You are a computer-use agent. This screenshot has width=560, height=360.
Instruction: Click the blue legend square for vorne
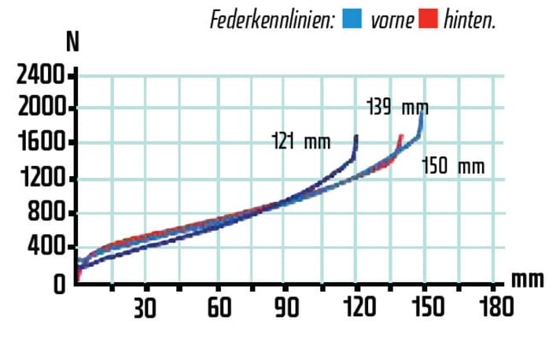(x=353, y=17)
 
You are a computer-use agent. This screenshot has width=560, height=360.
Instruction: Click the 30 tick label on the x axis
(x=145, y=307)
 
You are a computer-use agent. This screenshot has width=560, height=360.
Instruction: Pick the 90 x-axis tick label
(x=289, y=307)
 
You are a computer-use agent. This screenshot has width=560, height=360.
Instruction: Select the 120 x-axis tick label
(x=359, y=307)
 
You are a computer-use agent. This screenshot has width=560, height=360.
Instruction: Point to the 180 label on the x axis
(x=496, y=307)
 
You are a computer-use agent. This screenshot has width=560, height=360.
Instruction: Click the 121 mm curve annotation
(x=300, y=142)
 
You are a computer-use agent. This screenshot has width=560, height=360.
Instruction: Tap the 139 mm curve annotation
(x=398, y=108)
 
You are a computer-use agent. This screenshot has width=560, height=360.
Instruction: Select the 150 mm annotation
(x=453, y=167)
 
